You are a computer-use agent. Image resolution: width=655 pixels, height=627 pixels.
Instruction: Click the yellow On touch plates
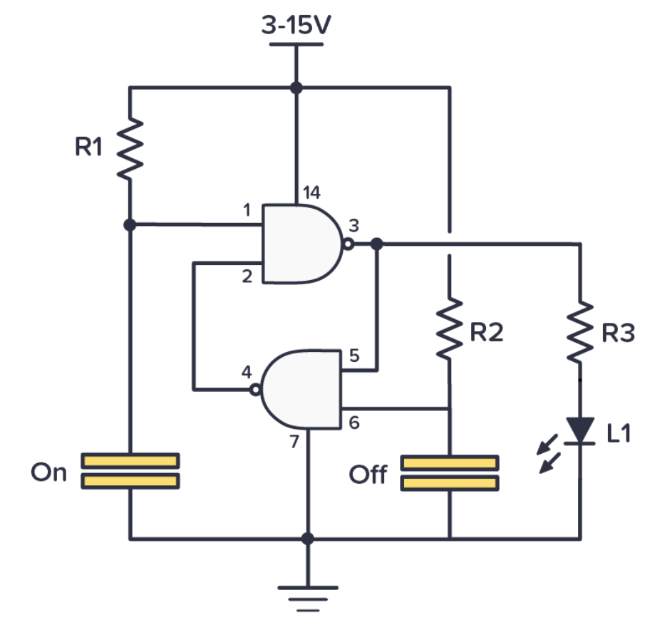coord(130,471)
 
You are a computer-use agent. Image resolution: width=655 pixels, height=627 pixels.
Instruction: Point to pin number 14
coord(311,192)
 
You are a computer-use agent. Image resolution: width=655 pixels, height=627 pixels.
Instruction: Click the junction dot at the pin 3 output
coord(377,244)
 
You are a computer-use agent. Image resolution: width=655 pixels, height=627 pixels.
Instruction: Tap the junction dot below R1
coord(130,224)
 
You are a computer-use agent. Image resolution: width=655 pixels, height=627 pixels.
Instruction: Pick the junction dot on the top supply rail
coord(296,88)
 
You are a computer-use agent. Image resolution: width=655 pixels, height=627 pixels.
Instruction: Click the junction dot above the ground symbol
coord(307,538)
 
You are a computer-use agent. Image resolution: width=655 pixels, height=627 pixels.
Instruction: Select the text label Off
coord(368,475)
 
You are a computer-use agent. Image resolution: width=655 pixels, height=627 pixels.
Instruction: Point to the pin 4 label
coord(247,372)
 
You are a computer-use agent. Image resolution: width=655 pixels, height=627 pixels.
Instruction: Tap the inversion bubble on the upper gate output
coord(347,244)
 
